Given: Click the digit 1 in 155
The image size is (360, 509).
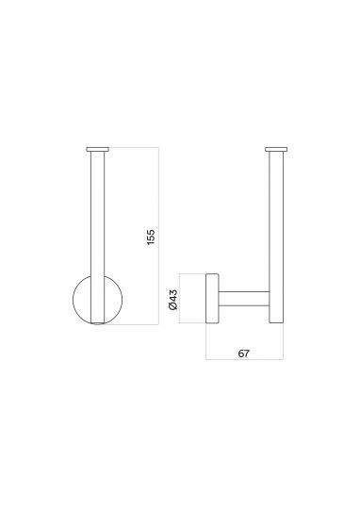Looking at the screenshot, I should click(152, 242).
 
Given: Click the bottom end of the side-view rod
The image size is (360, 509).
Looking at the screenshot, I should click(276, 323).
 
